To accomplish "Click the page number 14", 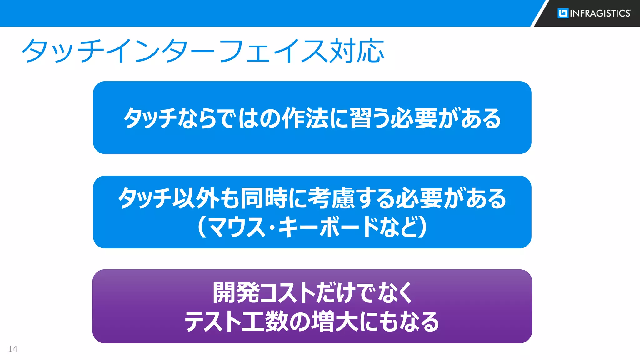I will [x=12, y=349].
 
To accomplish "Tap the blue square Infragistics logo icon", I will [x=563, y=13].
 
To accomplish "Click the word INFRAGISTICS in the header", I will [x=600, y=13].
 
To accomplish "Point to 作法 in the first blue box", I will [x=305, y=118].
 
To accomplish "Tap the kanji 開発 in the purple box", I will [x=236, y=293].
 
